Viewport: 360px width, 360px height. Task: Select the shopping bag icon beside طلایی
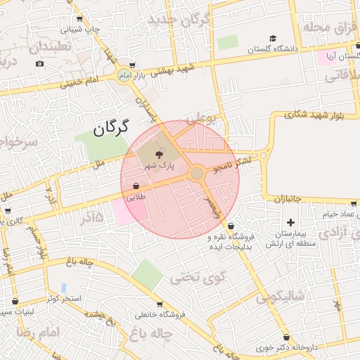[x=134, y=186]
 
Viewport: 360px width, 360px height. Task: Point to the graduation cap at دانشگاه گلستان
[x=273, y=39]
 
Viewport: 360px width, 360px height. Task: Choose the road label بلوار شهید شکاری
[x=314, y=117]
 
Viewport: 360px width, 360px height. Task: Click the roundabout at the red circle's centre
[x=197, y=173]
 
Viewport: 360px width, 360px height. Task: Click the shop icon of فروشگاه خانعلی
[x=160, y=304]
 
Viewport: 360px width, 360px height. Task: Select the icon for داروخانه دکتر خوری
[x=285, y=337]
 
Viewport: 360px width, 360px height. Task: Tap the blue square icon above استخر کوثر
[x=64, y=288]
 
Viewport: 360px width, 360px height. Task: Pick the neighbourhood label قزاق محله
[x=326, y=27]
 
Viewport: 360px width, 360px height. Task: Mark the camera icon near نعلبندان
[x=39, y=63]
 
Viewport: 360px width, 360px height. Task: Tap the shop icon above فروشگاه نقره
[x=231, y=226]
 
